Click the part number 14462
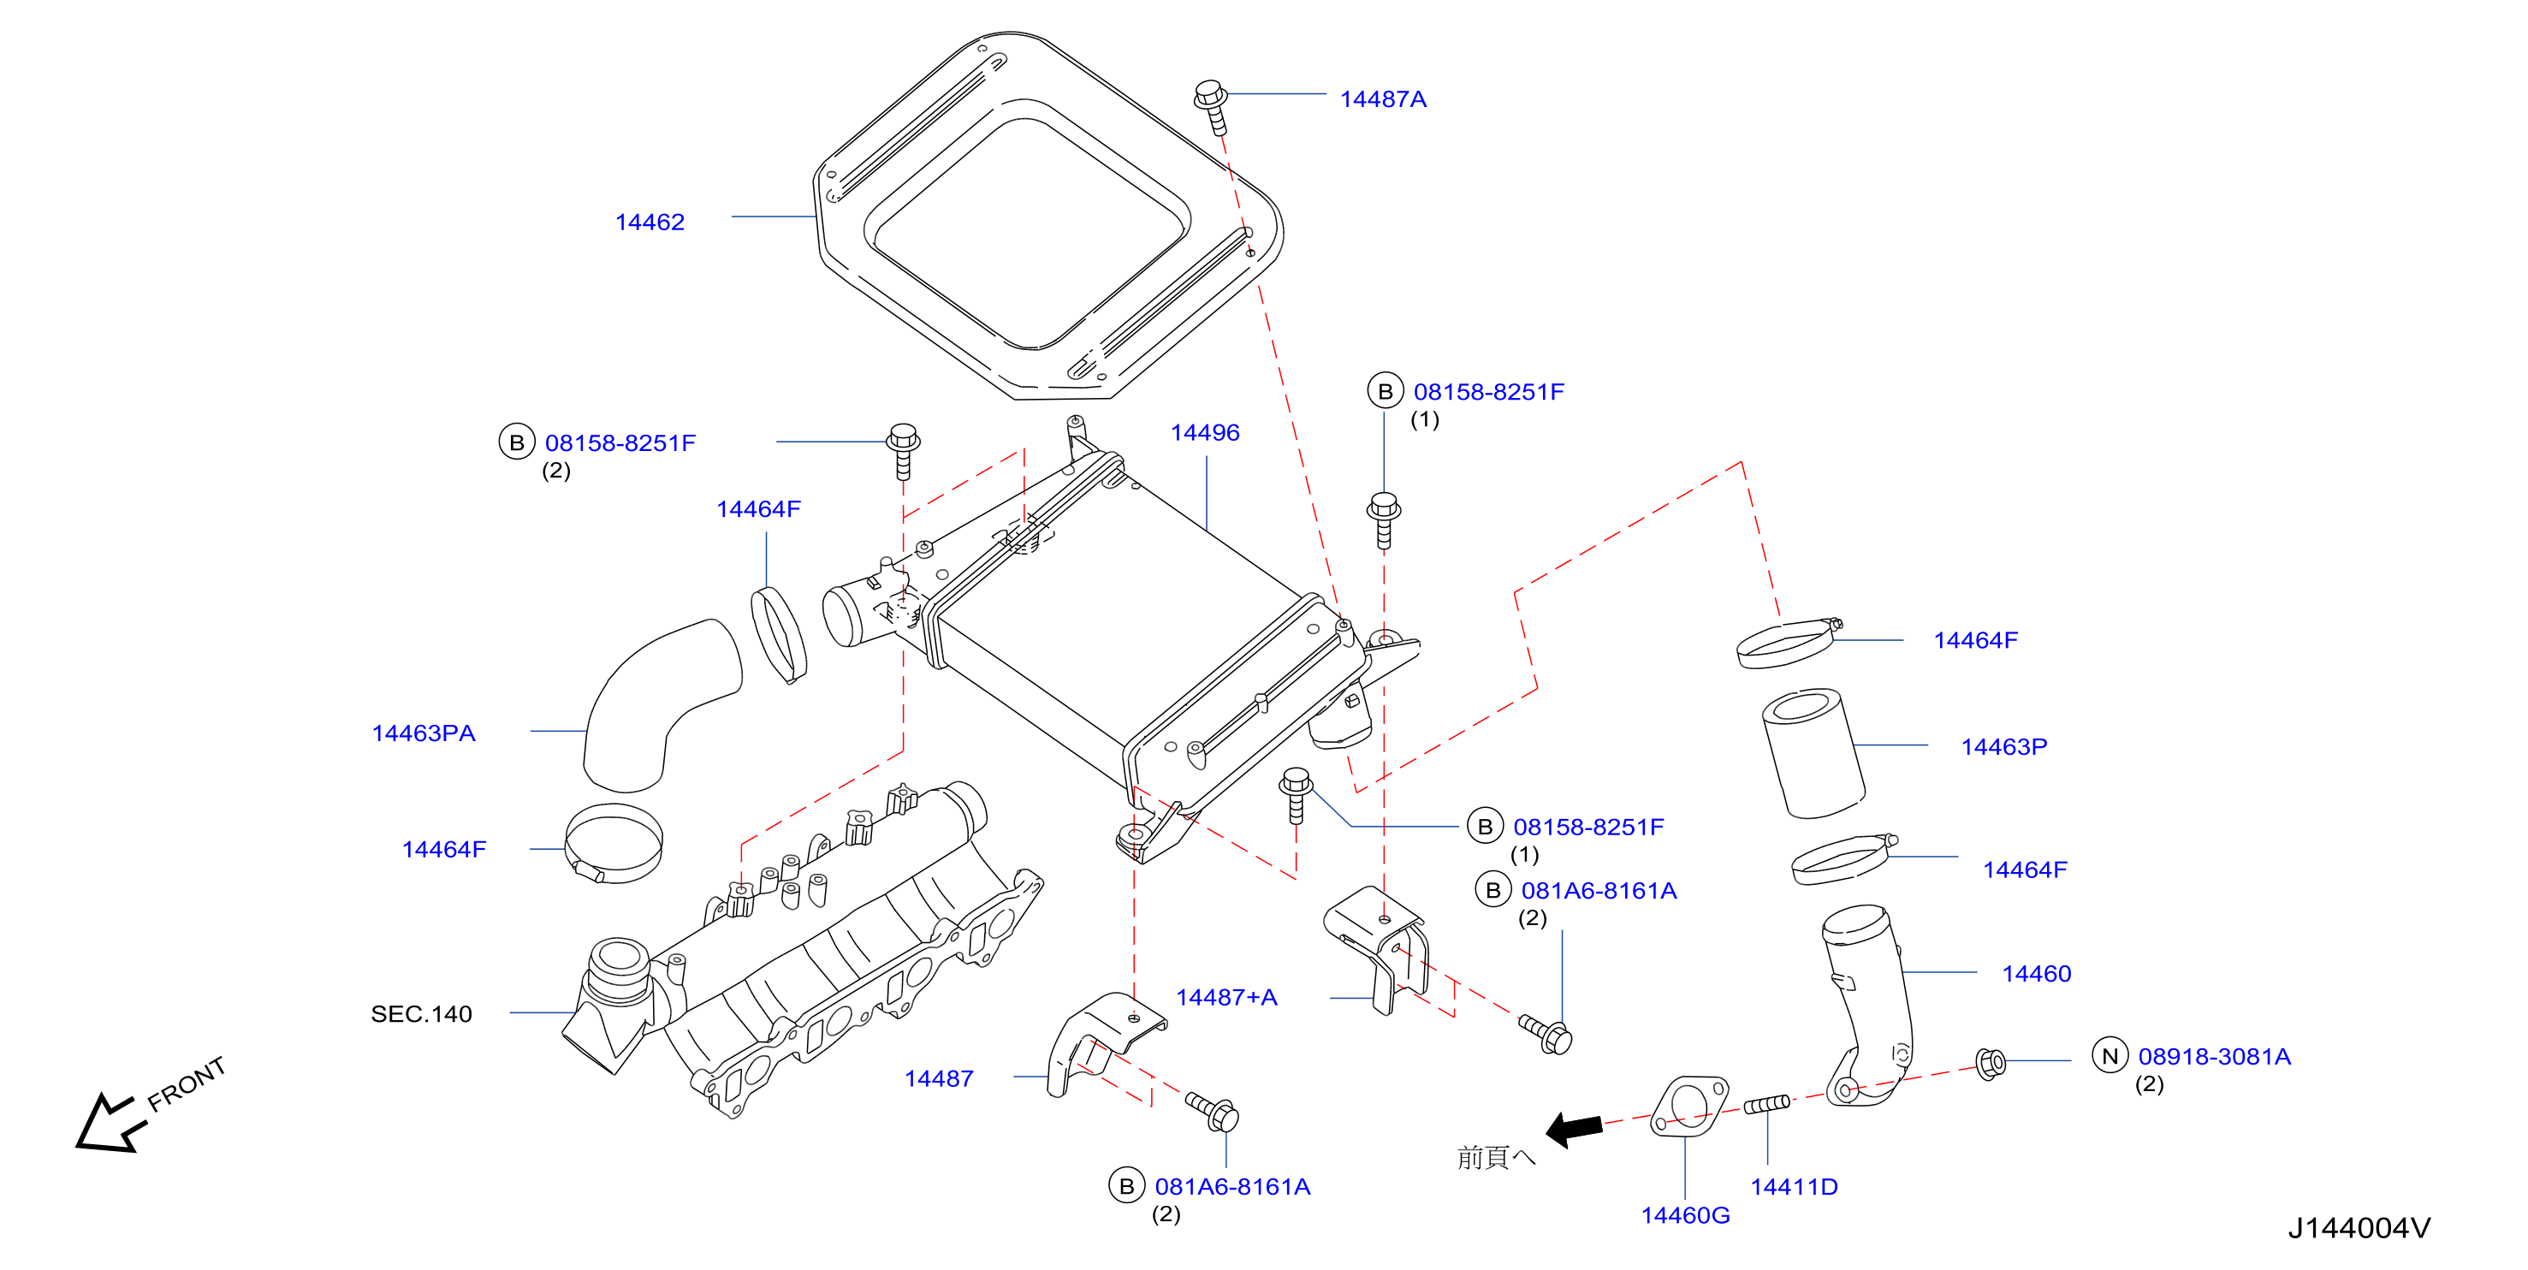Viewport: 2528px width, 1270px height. tap(650, 222)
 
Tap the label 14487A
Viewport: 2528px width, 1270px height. tap(1383, 99)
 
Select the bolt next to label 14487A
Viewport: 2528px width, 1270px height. tap(1212, 107)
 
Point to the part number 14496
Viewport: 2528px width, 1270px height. tap(1205, 433)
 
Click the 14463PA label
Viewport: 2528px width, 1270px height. tap(423, 733)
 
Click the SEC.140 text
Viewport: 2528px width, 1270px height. tap(421, 1014)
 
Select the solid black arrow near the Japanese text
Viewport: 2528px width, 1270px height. tap(1574, 1129)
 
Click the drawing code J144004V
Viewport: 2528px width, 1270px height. tap(2359, 1228)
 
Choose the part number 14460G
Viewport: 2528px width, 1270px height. tap(1685, 1215)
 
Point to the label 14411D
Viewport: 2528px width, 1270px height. tap(1794, 1187)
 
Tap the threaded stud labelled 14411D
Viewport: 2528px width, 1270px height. tap(1766, 1104)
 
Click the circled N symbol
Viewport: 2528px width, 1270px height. tap(2110, 1055)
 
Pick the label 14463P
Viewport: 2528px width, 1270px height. tap(2004, 747)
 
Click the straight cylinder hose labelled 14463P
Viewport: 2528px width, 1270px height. tap(1813, 754)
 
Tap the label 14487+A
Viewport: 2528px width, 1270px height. tap(1226, 997)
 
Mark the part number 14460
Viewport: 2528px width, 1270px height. tap(2036, 974)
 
